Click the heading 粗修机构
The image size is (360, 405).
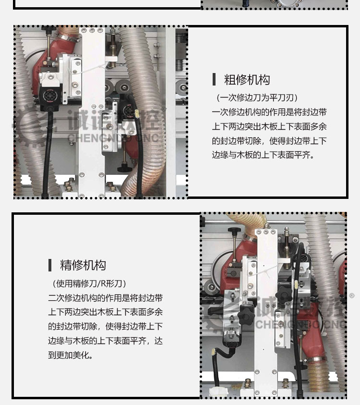point(247,80)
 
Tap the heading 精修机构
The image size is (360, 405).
point(83,265)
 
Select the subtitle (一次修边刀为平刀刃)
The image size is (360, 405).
point(257,98)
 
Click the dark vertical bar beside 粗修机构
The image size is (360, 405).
point(214,79)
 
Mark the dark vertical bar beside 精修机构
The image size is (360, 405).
point(50,265)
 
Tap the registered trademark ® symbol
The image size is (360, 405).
point(351,296)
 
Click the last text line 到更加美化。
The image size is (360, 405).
point(71,355)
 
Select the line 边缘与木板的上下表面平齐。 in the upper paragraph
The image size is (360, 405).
point(263,155)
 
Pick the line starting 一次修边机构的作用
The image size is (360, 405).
point(269,112)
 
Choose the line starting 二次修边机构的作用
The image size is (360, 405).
point(106,298)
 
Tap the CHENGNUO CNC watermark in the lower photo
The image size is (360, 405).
point(300,324)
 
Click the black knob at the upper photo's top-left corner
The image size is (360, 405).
point(48,29)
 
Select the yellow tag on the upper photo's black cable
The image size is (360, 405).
point(137,113)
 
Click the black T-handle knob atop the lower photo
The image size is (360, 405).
point(234,230)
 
